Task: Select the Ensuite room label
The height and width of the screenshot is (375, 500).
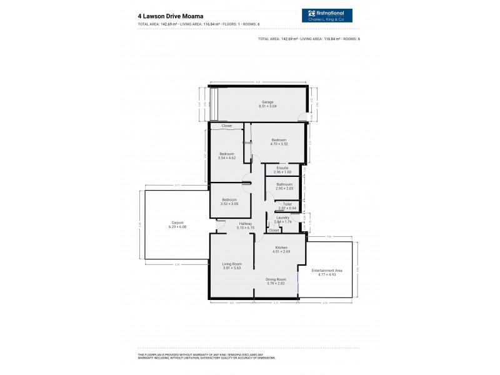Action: (282, 167)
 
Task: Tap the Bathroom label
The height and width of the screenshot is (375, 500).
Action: (284, 184)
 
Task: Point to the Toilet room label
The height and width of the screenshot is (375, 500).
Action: (287, 204)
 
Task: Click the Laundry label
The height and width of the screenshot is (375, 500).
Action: (283, 218)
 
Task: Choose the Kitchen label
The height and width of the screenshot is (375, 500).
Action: (281, 247)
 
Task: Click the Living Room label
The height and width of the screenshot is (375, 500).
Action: (232, 264)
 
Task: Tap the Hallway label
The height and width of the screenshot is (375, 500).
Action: (245, 224)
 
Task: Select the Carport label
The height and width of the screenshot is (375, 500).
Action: (177, 222)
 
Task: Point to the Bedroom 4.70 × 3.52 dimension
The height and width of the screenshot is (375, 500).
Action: (279, 144)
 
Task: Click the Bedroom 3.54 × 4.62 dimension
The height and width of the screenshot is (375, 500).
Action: (226, 157)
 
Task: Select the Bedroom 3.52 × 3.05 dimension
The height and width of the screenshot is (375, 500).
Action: (229, 204)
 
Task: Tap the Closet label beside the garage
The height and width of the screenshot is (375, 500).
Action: (226, 126)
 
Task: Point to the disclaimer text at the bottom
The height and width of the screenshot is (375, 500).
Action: (206, 357)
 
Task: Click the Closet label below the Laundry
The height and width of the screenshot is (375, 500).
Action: (274, 231)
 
